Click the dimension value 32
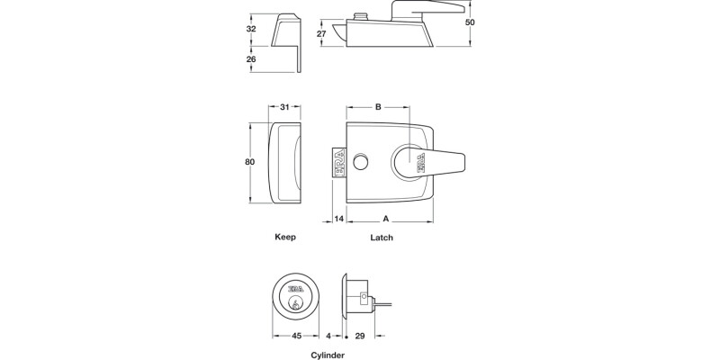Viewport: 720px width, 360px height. click(x=251, y=28)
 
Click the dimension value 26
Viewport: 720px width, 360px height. click(x=251, y=58)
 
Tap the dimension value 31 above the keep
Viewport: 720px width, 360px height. click(x=285, y=108)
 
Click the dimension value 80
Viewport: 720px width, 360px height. click(x=251, y=162)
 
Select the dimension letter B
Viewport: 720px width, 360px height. click(x=379, y=108)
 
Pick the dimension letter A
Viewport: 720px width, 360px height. click(x=386, y=219)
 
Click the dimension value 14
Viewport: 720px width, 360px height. click(x=339, y=219)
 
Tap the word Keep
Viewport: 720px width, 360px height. click(x=284, y=238)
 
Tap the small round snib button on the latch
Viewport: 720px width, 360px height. click(x=361, y=161)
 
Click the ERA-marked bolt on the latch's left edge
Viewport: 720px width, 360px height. click(x=338, y=162)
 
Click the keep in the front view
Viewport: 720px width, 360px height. click(x=285, y=162)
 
